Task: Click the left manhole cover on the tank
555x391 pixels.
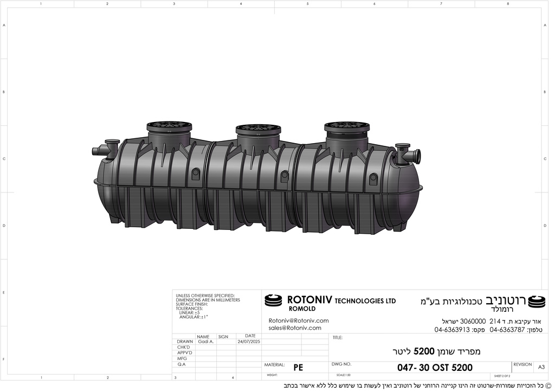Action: (169, 126)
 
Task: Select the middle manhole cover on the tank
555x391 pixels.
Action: (258, 129)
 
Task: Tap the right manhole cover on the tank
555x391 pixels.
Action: (347, 126)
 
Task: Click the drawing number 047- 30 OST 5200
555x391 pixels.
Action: (435, 368)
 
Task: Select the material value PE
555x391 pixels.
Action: (298, 368)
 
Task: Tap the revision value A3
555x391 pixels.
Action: (541, 367)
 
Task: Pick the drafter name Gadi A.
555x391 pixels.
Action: (205, 342)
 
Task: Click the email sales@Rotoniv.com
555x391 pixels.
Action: (295, 328)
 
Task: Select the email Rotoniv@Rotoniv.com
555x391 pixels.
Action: (299, 321)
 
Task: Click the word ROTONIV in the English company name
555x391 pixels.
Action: (309, 300)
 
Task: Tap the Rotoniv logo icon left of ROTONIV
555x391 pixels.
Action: (273, 300)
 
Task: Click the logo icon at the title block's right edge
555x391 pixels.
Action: (537, 301)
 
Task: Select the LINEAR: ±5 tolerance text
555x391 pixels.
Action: (189, 313)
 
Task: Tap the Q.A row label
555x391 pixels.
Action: (182, 364)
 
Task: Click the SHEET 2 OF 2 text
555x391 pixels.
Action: (501, 376)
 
